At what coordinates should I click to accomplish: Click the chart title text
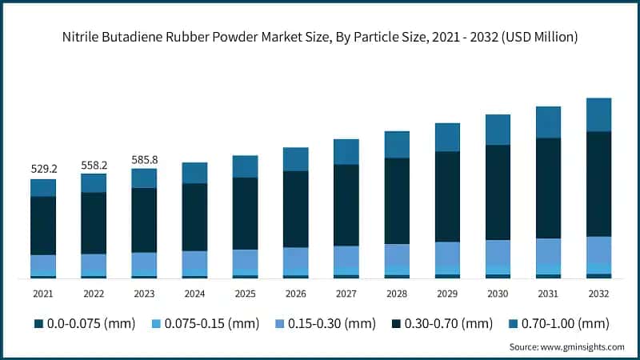(320, 37)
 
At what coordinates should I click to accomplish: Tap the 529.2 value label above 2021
(43, 170)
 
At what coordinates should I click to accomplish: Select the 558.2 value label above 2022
(94, 165)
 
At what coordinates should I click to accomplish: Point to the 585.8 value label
(144, 159)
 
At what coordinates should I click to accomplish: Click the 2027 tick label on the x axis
(346, 294)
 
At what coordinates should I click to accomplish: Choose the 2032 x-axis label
(598, 294)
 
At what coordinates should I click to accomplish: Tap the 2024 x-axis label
(194, 294)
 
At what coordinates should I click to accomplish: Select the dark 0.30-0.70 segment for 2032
(598, 184)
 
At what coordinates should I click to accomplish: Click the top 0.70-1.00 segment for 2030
(498, 130)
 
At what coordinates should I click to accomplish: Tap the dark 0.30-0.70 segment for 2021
(43, 226)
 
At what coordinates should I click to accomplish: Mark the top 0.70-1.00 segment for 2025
(245, 166)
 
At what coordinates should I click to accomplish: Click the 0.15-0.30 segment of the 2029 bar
(447, 253)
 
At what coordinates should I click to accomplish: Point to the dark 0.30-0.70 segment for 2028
(397, 201)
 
